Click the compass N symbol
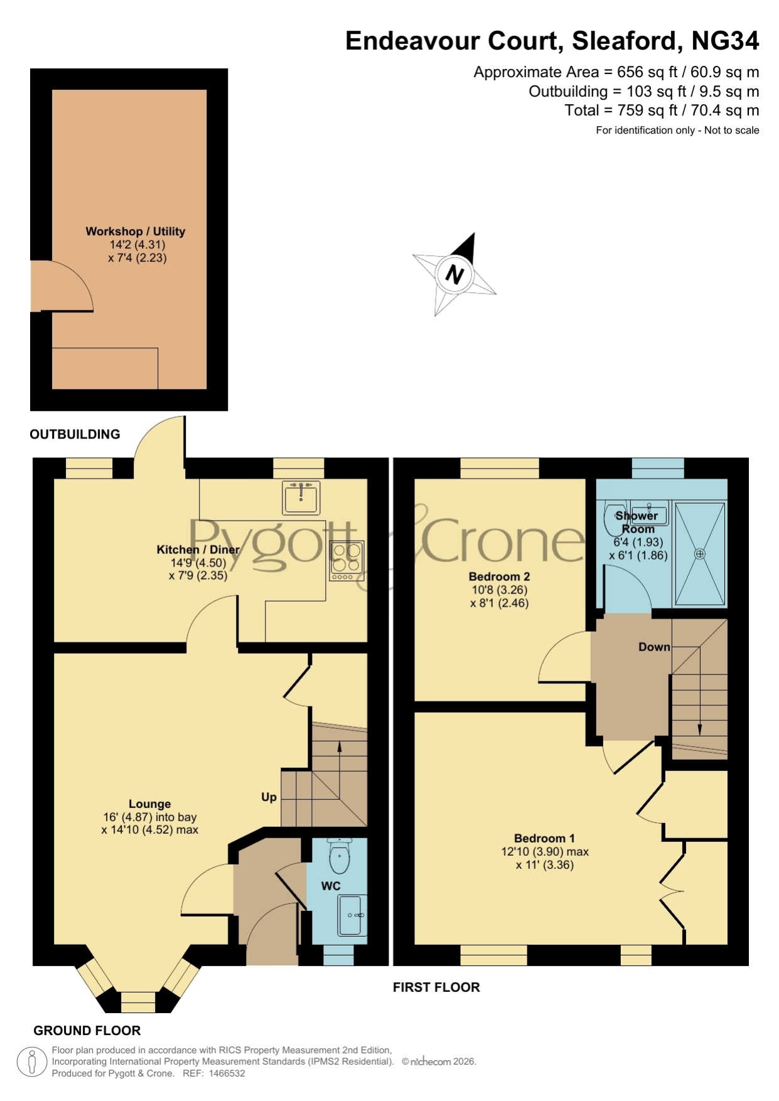click(454, 275)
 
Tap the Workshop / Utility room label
click(136, 231)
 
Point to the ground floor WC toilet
click(340, 856)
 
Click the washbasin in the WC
click(352, 915)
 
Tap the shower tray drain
click(700, 554)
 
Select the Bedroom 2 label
click(499, 577)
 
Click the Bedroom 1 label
click(544, 838)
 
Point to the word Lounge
click(149, 804)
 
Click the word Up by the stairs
click(269, 797)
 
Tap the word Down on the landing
click(654, 647)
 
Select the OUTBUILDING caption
click(75, 434)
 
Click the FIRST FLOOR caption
click(436, 987)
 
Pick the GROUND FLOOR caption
click(87, 1031)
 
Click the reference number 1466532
click(225, 1073)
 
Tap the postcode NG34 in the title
click(725, 41)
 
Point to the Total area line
click(662, 110)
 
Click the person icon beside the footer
click(31, 1062)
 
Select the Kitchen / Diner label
click(198, 550)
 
